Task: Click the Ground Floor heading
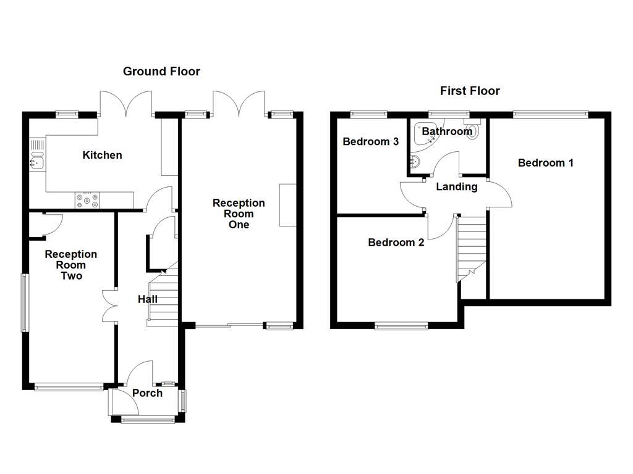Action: (x=161, y=72)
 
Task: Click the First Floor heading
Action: (x=470, y=91)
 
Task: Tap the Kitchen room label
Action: (x=102, y=155)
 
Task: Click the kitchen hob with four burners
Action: (x=87, y=200)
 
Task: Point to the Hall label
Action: (x=147, y=299)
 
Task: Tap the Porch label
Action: (x=147, y=393)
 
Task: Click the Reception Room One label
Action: (x=239, y=214)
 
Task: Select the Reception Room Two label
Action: (x=71, y=265)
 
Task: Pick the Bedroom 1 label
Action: (x=545, y=163)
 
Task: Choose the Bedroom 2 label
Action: (x=396, y=243)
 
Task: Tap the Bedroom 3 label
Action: (x=370, y=141)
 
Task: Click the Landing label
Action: (x=457, y=186)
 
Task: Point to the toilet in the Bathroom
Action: (x=473, y=131)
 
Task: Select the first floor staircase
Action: (x=472, y=247)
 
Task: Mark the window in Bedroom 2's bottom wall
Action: (x=401, y=325)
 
